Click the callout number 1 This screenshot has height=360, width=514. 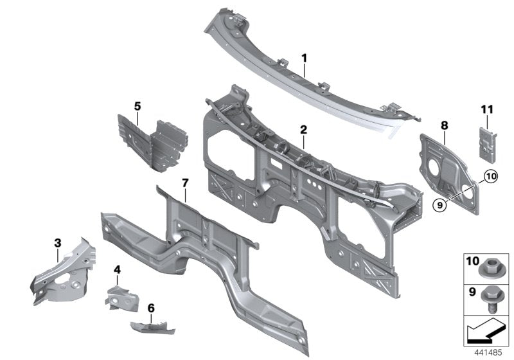point(305,58)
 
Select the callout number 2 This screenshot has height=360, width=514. point(303,129)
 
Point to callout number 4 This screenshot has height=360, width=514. point(117,270)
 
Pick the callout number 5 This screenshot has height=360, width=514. point(136,105)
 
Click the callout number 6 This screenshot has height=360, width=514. point(151,309)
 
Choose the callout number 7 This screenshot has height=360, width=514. point(184,183)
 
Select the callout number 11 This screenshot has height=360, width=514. point(486,111)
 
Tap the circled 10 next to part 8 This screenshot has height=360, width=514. point(490,175)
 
